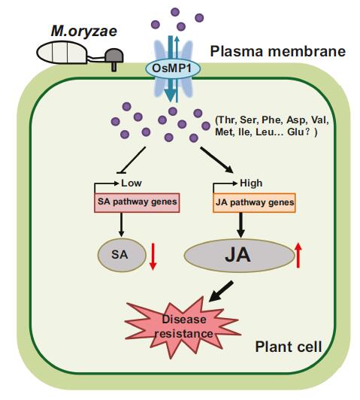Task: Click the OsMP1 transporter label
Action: [x=173, y=68]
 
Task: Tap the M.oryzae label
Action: [x=84, y=31]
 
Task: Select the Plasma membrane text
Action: [x=277, y=52]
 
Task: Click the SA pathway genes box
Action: [x=137, y=202]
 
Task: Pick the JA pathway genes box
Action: [x=254, y=203]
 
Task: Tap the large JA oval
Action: [x=239, y=256]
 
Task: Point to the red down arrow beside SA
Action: [x=153, y=256]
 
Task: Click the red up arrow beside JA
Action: [x=298, y=255]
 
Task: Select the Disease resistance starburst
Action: [x=183, y=326]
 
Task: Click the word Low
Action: [x=132, y=183]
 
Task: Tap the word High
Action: [x=251, y=183]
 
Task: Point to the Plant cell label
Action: [x=289, y=347]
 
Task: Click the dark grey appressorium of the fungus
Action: [x=114, y=58]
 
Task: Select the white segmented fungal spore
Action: [x=62, y=53]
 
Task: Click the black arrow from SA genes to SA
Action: [x=121, y=225]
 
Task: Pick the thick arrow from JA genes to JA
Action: [x=241, y=225]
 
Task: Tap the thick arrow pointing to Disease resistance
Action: [x=221, y=291]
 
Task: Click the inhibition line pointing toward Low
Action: [x=132, y=160]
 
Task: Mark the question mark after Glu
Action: [x=308, y=132]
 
